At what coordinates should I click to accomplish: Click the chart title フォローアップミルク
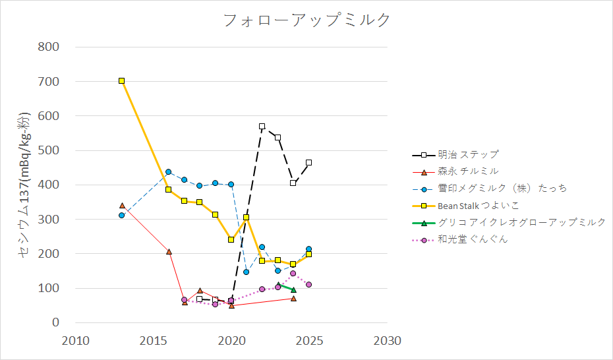306,20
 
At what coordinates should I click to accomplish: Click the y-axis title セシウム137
24,185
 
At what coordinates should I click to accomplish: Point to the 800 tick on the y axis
50,47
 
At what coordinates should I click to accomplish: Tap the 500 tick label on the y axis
50,150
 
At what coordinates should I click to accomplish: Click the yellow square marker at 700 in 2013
122,80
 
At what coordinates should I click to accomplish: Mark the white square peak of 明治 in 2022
262,126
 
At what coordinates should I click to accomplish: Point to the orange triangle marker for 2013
122,206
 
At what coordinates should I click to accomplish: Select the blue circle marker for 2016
169,172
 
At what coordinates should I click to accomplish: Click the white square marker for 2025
308,162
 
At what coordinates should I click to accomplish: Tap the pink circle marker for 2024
293,274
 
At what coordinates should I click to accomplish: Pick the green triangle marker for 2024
293,290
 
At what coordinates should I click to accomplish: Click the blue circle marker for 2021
247,272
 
